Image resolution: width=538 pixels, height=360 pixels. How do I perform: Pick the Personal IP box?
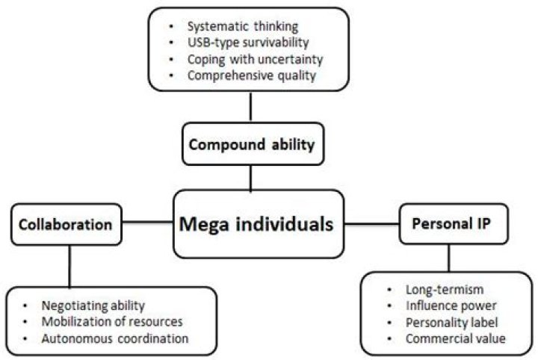tap(449, 223)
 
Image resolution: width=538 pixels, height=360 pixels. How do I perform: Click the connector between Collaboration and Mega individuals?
tap(148, 222)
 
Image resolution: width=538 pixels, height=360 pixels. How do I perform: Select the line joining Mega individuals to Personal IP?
tap(372, 223)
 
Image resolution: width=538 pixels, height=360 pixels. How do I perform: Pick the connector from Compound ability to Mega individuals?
tap(251, 177)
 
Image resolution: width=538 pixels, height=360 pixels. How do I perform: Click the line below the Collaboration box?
tap(69, 264)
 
